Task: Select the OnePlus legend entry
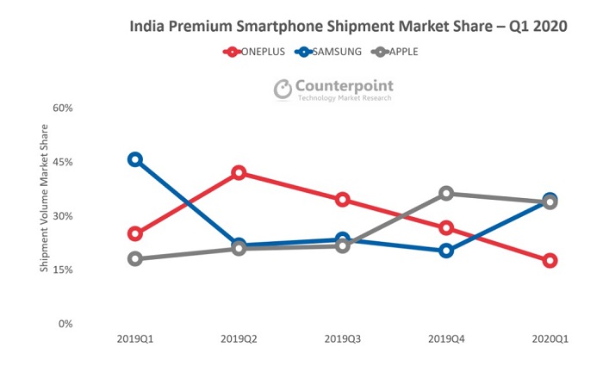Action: coord(258,52)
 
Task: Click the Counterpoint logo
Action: coord(333,90)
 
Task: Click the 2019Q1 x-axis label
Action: coord(135,339)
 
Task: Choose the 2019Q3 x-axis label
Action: coord(342,339)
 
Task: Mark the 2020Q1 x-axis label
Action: coord(549,339)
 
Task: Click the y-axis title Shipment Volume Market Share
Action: coord(44,199)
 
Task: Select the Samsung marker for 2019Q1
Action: coord(135,159)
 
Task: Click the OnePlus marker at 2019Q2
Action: coord(239,173)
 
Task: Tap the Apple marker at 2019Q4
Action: coord(446,194)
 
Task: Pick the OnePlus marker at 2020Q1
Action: coord(550,261)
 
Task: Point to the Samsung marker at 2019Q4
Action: coord(446,251)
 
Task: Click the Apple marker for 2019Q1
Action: coord(135,258)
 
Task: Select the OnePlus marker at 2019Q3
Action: coord(342,200)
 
